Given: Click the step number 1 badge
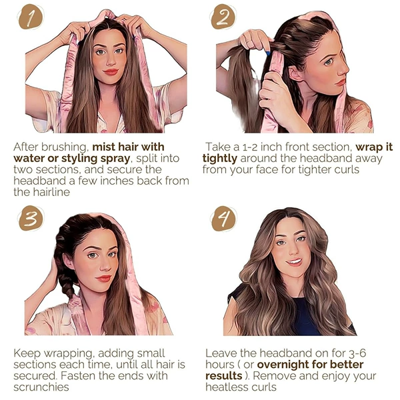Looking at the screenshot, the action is [31, 17].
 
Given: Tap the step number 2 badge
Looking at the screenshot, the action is [223, 17].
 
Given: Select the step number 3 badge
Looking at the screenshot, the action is [31, 219].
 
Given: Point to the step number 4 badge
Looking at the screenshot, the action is [224, 219].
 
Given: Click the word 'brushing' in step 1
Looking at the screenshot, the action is [65, 147].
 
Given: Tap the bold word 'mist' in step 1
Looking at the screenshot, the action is [103, 147].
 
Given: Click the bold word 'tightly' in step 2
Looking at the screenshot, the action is [220, 159].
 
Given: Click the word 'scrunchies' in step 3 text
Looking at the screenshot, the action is [41, 387].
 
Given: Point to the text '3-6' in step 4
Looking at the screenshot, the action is [357, 353].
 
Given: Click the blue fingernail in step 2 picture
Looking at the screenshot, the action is [268, 53].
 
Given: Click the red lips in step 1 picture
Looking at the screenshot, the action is [111, 72].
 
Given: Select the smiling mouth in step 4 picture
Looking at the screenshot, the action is [294, 262].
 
